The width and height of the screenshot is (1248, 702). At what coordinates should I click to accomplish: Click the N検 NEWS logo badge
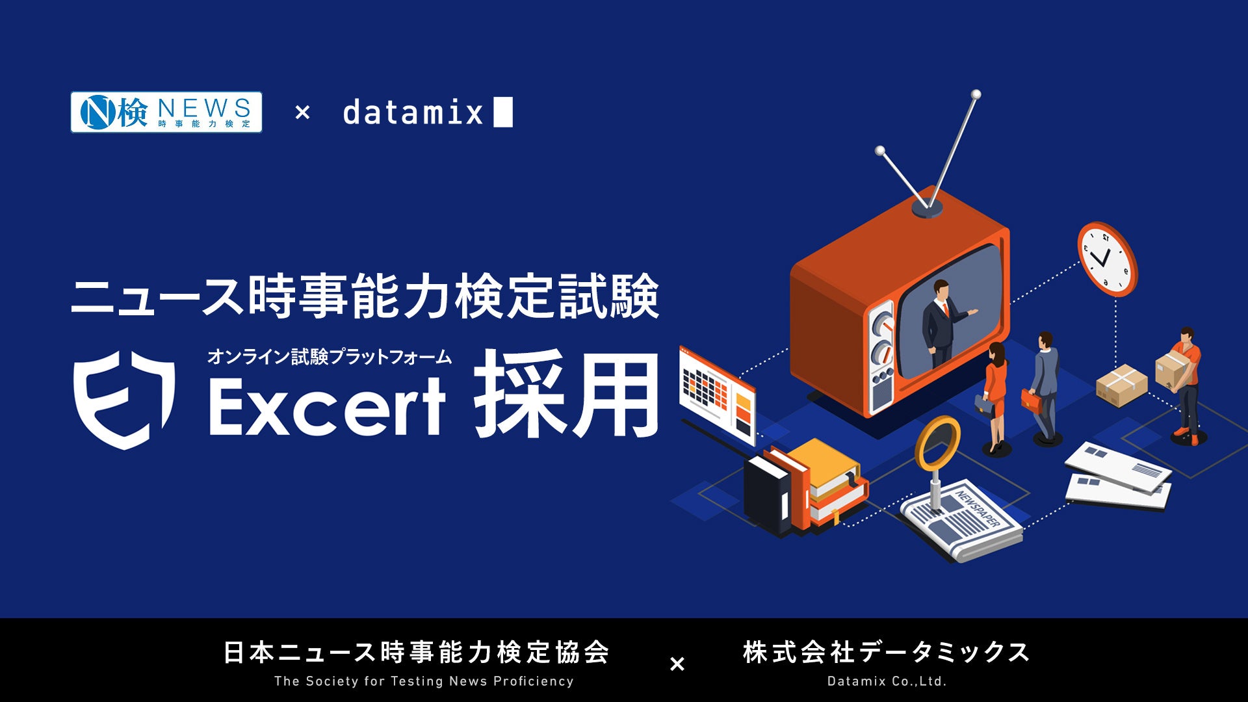pos(166,112)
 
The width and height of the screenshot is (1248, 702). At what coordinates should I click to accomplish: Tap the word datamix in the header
pos(413,112)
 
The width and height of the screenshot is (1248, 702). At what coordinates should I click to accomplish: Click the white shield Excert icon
pos(124,399)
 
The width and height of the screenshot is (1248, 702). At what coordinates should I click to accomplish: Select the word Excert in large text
pos(327,404)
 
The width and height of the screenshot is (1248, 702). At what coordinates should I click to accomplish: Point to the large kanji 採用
pos(566,394)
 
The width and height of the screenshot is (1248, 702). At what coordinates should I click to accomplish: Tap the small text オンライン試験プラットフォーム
pos(330,356)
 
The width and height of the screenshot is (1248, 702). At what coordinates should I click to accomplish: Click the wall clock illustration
pos(1107,258)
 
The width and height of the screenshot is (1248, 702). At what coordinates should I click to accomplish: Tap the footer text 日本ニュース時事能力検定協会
pos(417,652)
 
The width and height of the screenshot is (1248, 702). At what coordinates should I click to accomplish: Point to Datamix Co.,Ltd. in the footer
pos(887,681)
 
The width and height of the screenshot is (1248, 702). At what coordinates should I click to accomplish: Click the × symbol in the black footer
pos(677,664)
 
